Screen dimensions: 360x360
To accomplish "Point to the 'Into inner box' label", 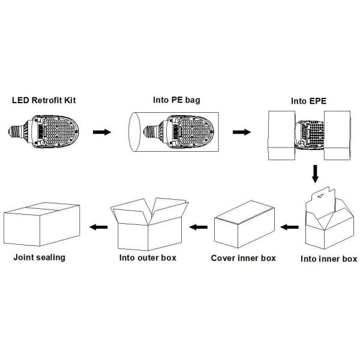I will (329, 259).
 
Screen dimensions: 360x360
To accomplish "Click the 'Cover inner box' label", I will (243, 258).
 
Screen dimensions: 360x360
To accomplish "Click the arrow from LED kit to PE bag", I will (102, 131).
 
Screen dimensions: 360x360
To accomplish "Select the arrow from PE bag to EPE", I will (242, 131).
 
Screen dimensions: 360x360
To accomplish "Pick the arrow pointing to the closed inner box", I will (290, 227).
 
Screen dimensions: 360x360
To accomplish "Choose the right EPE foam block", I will (337, 137).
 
